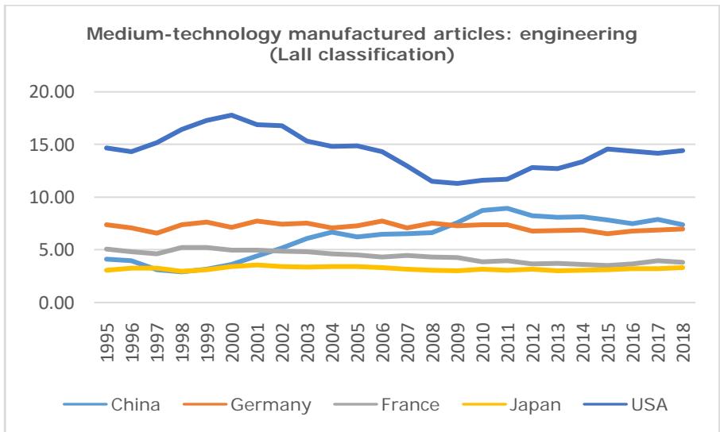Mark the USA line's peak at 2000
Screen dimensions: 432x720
click(232, 115)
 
